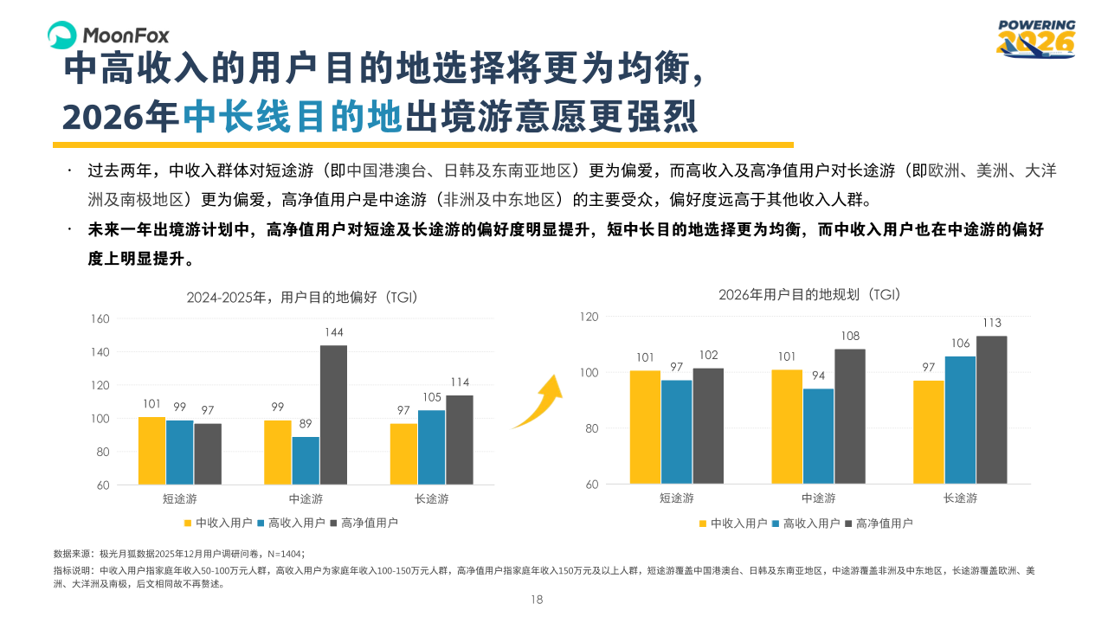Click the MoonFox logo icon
point(62,35)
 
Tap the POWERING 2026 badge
point(1035,39)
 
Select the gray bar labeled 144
point(333,414)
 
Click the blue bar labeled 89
point(306,460)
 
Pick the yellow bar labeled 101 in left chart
point(151,450)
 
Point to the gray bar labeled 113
point(992,409)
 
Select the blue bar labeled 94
point(818,436)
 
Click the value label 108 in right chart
point(849,336)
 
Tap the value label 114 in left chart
point(459,382)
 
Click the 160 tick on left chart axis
point(100,319)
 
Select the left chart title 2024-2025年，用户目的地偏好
point(303,298)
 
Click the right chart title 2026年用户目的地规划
point(810,294)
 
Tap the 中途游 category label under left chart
point(306,499)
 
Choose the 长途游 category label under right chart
point(960,498)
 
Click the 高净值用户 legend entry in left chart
point(364,523)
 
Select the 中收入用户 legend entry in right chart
point(732,523)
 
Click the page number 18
point(536,600)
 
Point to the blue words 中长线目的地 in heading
point(293,117)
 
